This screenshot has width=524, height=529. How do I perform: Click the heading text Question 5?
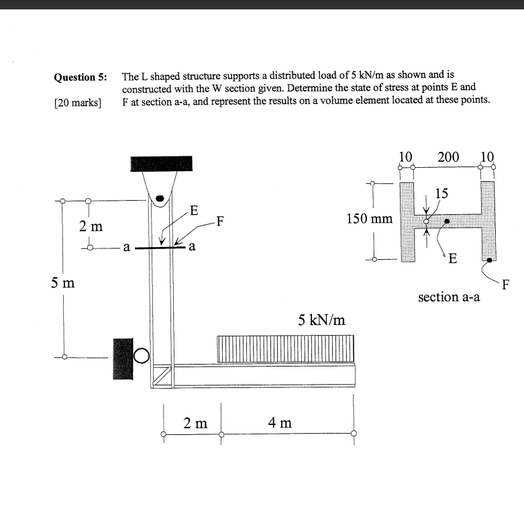pyautogui.click(x=81, y=77)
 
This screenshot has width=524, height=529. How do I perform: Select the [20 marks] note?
pyautogui.click(x=77, y=102)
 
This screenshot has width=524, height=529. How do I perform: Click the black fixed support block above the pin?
pyautogui.click(x=161, y=163)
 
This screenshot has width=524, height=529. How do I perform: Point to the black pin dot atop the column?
pyautogui.click(x=160, y=199)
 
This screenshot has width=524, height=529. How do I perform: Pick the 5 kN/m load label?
pyautogui.click(x=322, y=320)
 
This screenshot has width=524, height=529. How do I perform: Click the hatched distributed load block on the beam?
pyautogui.click(x=286, y=348)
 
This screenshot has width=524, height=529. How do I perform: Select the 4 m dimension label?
pyautogui.click(x=280, y=422)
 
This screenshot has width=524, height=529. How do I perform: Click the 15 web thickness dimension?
pyautogui.click(x=441, y=195)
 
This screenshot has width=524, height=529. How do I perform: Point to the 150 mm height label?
pyautogui.click(x=369, y=219)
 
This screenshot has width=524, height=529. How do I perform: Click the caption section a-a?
pyautogui.click(x=449, y=296)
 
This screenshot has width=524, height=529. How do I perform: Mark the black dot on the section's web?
pyautogui.click(x=447, y=220)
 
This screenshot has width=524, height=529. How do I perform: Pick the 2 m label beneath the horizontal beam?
pyautogui.click(x=195, y=423)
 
